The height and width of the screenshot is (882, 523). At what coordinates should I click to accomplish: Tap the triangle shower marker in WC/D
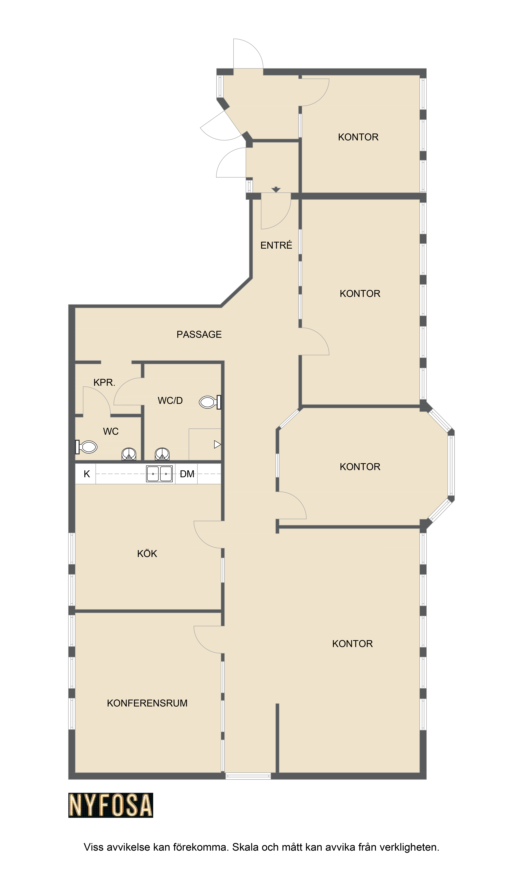[x=217, y=445]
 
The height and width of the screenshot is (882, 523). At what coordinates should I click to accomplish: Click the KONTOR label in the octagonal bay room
[x=360, y=467]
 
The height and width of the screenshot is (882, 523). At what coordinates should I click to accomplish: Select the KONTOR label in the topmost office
[x=358, y=137]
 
